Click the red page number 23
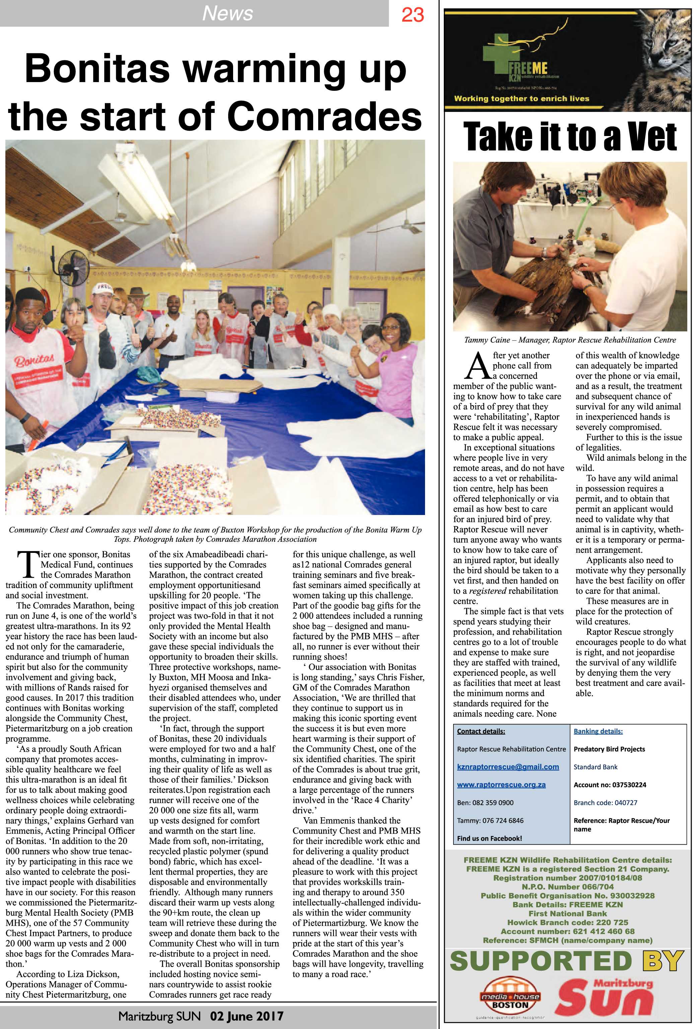coord(412,15)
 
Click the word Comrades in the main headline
coord(325,116)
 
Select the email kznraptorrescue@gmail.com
coord(508,766)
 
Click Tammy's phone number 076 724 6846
coord(503,821)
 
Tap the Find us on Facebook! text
coord(489,838)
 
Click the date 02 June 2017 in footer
coord(246,1016)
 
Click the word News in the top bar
coord(227,13)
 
